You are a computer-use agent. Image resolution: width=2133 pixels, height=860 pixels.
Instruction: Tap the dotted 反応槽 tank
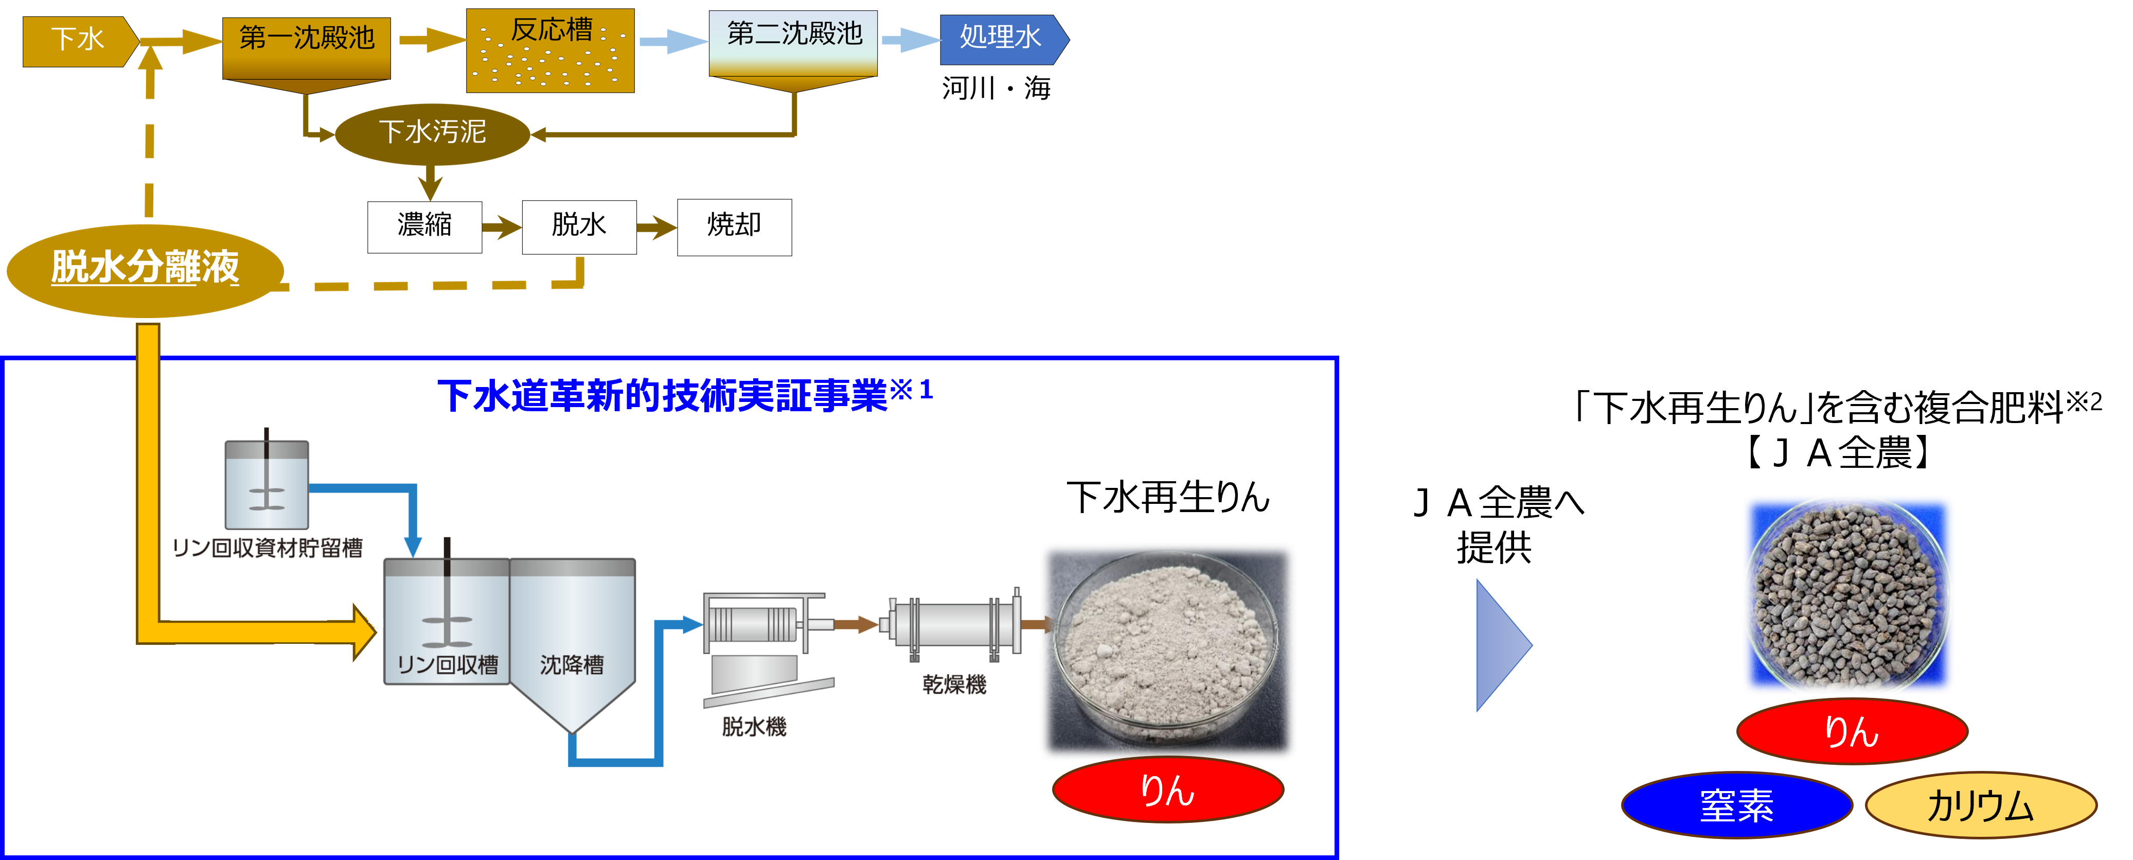pyautogui.click(x=550, y=50)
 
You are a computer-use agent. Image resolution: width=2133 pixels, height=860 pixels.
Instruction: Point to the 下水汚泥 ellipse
pyautogui.click(x=432, y=133)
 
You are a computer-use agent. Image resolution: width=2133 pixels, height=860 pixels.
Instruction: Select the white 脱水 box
pyautogui.click(x=579, y=226)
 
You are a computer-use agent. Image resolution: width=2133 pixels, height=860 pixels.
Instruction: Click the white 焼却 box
pyautogui.click(x=734, y=226)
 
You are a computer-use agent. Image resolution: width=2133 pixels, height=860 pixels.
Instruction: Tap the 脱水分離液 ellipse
pyautogui.click(x=145, y=269)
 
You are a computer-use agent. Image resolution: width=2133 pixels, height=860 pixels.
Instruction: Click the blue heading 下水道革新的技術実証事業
pyautogui.click(x=663, y=395)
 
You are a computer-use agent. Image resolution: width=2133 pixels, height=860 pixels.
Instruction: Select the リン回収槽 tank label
pyautogui.click(x=447, y=664)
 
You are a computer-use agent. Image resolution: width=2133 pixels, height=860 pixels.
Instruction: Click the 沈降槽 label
pyautogui.click(x=572, y=664)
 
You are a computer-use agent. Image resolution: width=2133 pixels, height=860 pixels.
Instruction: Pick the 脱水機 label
pyautogui.click(x=754, y=727)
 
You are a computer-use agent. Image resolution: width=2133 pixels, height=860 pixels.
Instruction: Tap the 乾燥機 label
pyautogui.click(x=954, y=685)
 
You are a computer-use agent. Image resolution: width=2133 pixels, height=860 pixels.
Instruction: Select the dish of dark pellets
pyautogui.click(x=1847, y=595)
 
